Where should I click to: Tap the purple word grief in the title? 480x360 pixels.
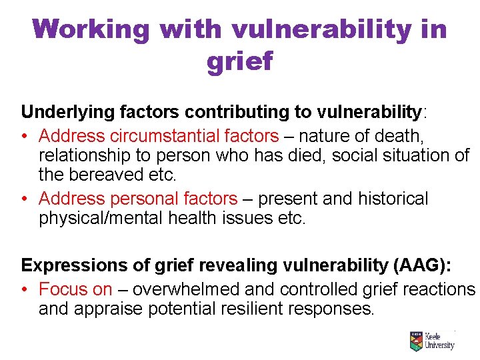(x=240, y=61)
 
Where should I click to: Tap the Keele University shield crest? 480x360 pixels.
(x=416, y=342)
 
